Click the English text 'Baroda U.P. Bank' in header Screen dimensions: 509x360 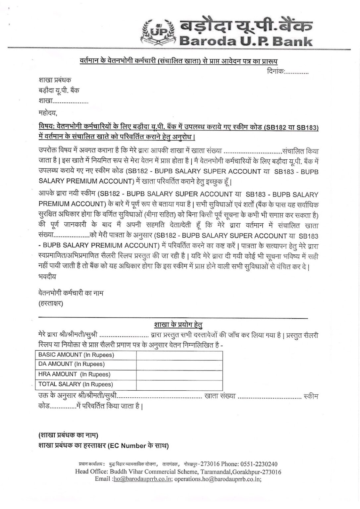click(x=245, y=41)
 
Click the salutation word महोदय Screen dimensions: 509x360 click(x=48, y=113)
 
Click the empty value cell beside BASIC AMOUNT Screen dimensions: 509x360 click(x=179, y=355)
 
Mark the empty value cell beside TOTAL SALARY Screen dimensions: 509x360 click(x=179, y=384)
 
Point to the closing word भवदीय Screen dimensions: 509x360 click(x=47, y=276)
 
